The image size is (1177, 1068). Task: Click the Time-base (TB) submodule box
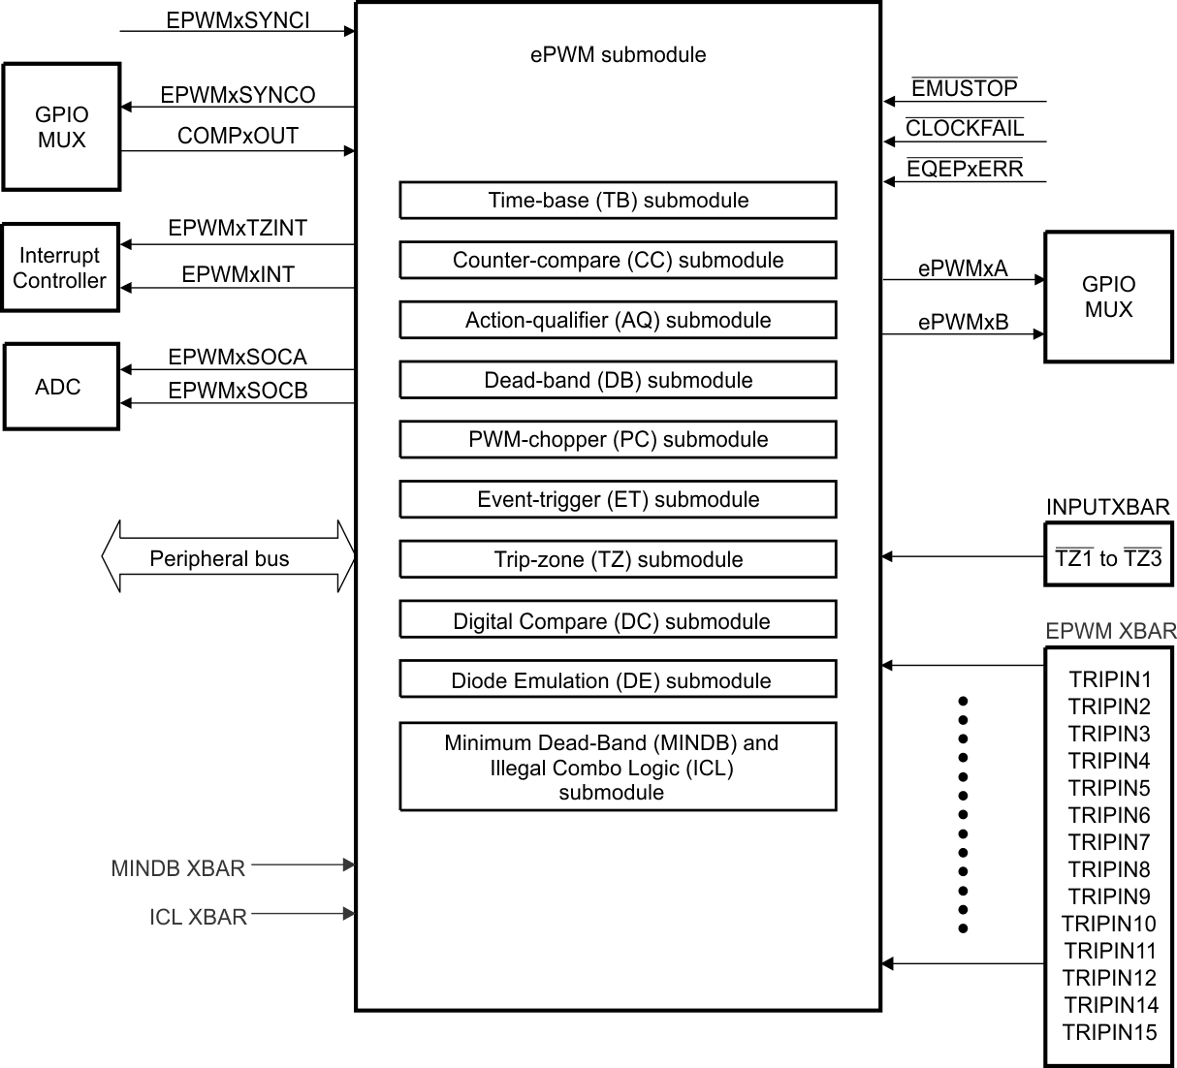click(x=618, y=201)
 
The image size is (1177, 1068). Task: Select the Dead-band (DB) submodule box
click(x=618, y=380)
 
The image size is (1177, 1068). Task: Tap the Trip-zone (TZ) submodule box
click(x=618, y=559)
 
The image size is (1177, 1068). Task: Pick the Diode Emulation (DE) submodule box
click(x=618, y=680)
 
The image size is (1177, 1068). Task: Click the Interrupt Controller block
click(x=60, y=267)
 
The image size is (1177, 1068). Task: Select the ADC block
click(x=60, y=387)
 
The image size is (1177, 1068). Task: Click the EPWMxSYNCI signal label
click(x=238, y=20)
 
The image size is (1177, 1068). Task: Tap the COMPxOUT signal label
click(x=238, y=136)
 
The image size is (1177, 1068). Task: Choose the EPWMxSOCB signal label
click(x=238, y=391)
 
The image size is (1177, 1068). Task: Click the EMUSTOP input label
click(x=965, y=88)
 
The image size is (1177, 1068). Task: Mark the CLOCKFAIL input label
click(x=965, y=128)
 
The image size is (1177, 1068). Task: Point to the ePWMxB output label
click(x=963, y=322)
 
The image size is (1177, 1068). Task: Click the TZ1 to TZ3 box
click(x=1108, y=556)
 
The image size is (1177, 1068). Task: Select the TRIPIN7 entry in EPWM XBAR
click(x=1109, y=842)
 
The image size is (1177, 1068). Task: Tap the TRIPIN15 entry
click(x=1109, y=1032)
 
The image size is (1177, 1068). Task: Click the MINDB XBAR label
click(x=178, y=868)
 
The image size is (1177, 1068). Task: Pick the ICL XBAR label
click(x=198, y=917)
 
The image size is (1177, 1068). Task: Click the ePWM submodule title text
click(x=618, y=55)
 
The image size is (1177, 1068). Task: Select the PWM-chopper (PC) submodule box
click(x=618, y=440)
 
